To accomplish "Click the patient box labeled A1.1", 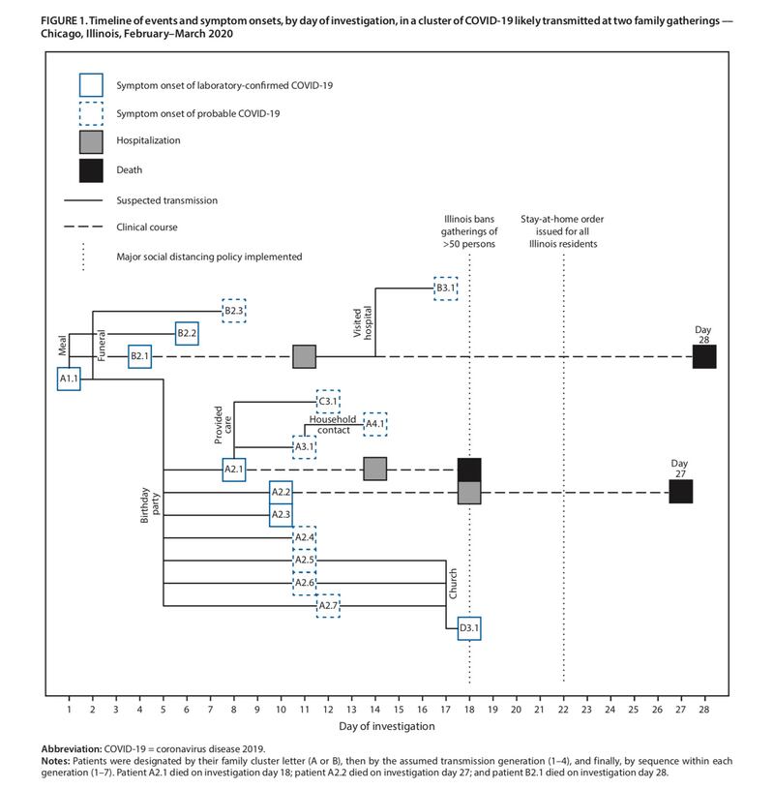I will (69, 379).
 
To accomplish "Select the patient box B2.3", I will (233, 310).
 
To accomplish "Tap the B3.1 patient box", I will (445, 288).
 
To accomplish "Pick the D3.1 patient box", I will (469, 629).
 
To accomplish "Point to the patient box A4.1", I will (375, 423).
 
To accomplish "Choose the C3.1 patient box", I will (328, 401).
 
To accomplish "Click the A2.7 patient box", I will (328, 606).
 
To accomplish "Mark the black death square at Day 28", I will (704, 356).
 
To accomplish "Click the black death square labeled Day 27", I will (680, 491).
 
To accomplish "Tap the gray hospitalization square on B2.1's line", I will (305, 356).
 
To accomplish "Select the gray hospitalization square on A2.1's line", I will (375, 469).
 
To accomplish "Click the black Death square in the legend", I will (92, 170).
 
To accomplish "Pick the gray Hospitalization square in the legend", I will (92, 141).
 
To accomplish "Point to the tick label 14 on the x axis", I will (375, 710).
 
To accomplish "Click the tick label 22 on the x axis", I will (563, 710).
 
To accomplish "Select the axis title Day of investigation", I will (386, 726).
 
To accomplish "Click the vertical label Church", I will (451, 584).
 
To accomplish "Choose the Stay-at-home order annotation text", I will (562, 232).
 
